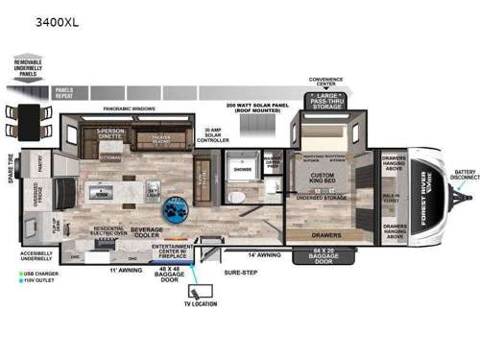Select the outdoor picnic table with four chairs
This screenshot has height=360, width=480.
point(28,118)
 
